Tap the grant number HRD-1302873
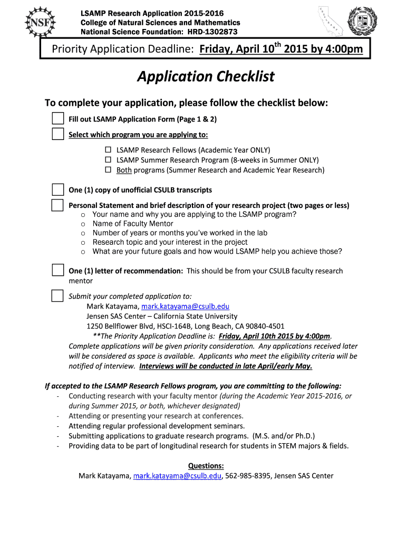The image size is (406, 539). click(211, 32)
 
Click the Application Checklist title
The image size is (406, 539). click(206, 77)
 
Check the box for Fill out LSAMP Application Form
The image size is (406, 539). click(57, 118)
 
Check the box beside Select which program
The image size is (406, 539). click(57, 134)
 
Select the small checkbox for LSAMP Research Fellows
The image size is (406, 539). click(108, 150)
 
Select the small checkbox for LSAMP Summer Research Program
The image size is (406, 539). click(108, 160)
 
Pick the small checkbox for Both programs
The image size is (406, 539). click(108, 170)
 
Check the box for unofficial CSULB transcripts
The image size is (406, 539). click(57, 189)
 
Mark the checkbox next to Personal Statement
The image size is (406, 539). click(57, 205)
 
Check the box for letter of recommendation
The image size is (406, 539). click(57, 271)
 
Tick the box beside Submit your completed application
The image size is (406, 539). click(57, 296)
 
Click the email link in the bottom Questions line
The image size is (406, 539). click(177, 476)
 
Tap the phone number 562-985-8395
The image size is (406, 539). click(248, 476)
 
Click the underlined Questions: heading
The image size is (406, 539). click(206, 466)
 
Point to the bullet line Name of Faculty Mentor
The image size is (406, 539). click(133, 224)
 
